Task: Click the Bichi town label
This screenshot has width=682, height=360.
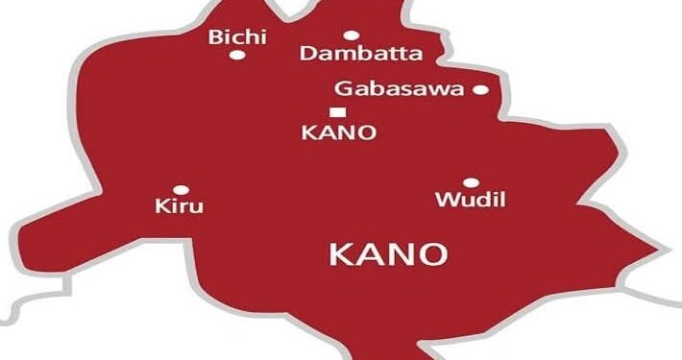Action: [237, 37]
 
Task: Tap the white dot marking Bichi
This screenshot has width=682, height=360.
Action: [236, 56]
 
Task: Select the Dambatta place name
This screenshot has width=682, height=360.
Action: [353, 54]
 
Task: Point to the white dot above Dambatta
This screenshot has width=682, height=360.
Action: [352, 36]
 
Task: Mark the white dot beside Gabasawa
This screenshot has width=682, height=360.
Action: [480, 90]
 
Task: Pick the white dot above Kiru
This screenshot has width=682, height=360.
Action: [179, 189]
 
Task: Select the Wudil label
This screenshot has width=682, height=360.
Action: [471, 201]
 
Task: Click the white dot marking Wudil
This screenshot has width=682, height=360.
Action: [471, 182]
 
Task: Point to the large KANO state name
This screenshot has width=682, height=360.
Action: [388, 254]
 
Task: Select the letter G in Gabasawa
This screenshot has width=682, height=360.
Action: [342, 89]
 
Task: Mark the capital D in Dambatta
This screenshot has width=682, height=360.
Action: [308, 54]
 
